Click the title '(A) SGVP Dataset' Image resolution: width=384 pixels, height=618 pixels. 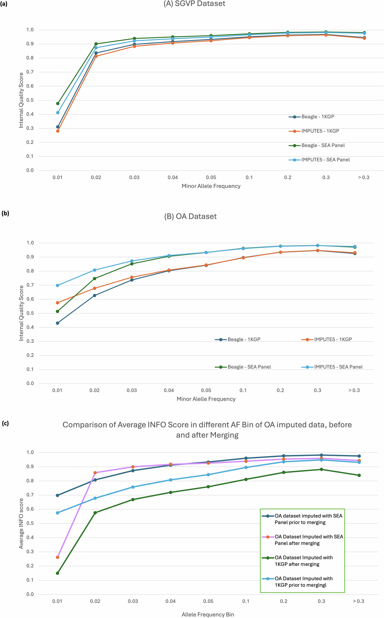(x=194, y=4)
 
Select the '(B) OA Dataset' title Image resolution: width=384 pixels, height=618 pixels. (x=190, y=216)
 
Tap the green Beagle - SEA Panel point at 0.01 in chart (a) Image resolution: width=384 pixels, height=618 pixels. (x=58, y=104)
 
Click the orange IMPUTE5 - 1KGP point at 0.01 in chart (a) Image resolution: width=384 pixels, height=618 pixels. (x=58, y=131)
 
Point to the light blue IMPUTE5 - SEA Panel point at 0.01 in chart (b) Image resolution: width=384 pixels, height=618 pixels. (x=57, y=286)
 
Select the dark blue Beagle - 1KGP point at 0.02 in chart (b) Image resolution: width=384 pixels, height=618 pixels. (x=95, y=296)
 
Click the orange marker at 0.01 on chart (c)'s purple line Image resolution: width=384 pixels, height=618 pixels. (x=57, y=557)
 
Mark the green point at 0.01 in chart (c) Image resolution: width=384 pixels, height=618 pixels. (x=57, y=573)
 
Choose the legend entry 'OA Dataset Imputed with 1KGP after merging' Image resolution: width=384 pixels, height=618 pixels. (x=303, y=561)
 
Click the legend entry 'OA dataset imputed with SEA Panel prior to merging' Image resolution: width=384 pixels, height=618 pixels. (x=308, y=519)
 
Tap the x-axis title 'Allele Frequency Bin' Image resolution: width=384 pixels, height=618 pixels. (x=208, y=615)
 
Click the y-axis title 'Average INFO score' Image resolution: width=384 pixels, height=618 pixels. (x=21, y=523)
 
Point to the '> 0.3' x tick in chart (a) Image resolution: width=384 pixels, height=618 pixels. (x=364, y=177)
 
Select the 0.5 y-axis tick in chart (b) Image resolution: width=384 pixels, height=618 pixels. (x=30, y=313)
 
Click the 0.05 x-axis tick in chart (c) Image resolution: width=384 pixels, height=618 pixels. (x=208, y=601)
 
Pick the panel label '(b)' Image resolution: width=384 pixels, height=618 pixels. (x=5, y=213)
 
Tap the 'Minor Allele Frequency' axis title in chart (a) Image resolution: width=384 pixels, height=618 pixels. (x=211, y=186)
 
